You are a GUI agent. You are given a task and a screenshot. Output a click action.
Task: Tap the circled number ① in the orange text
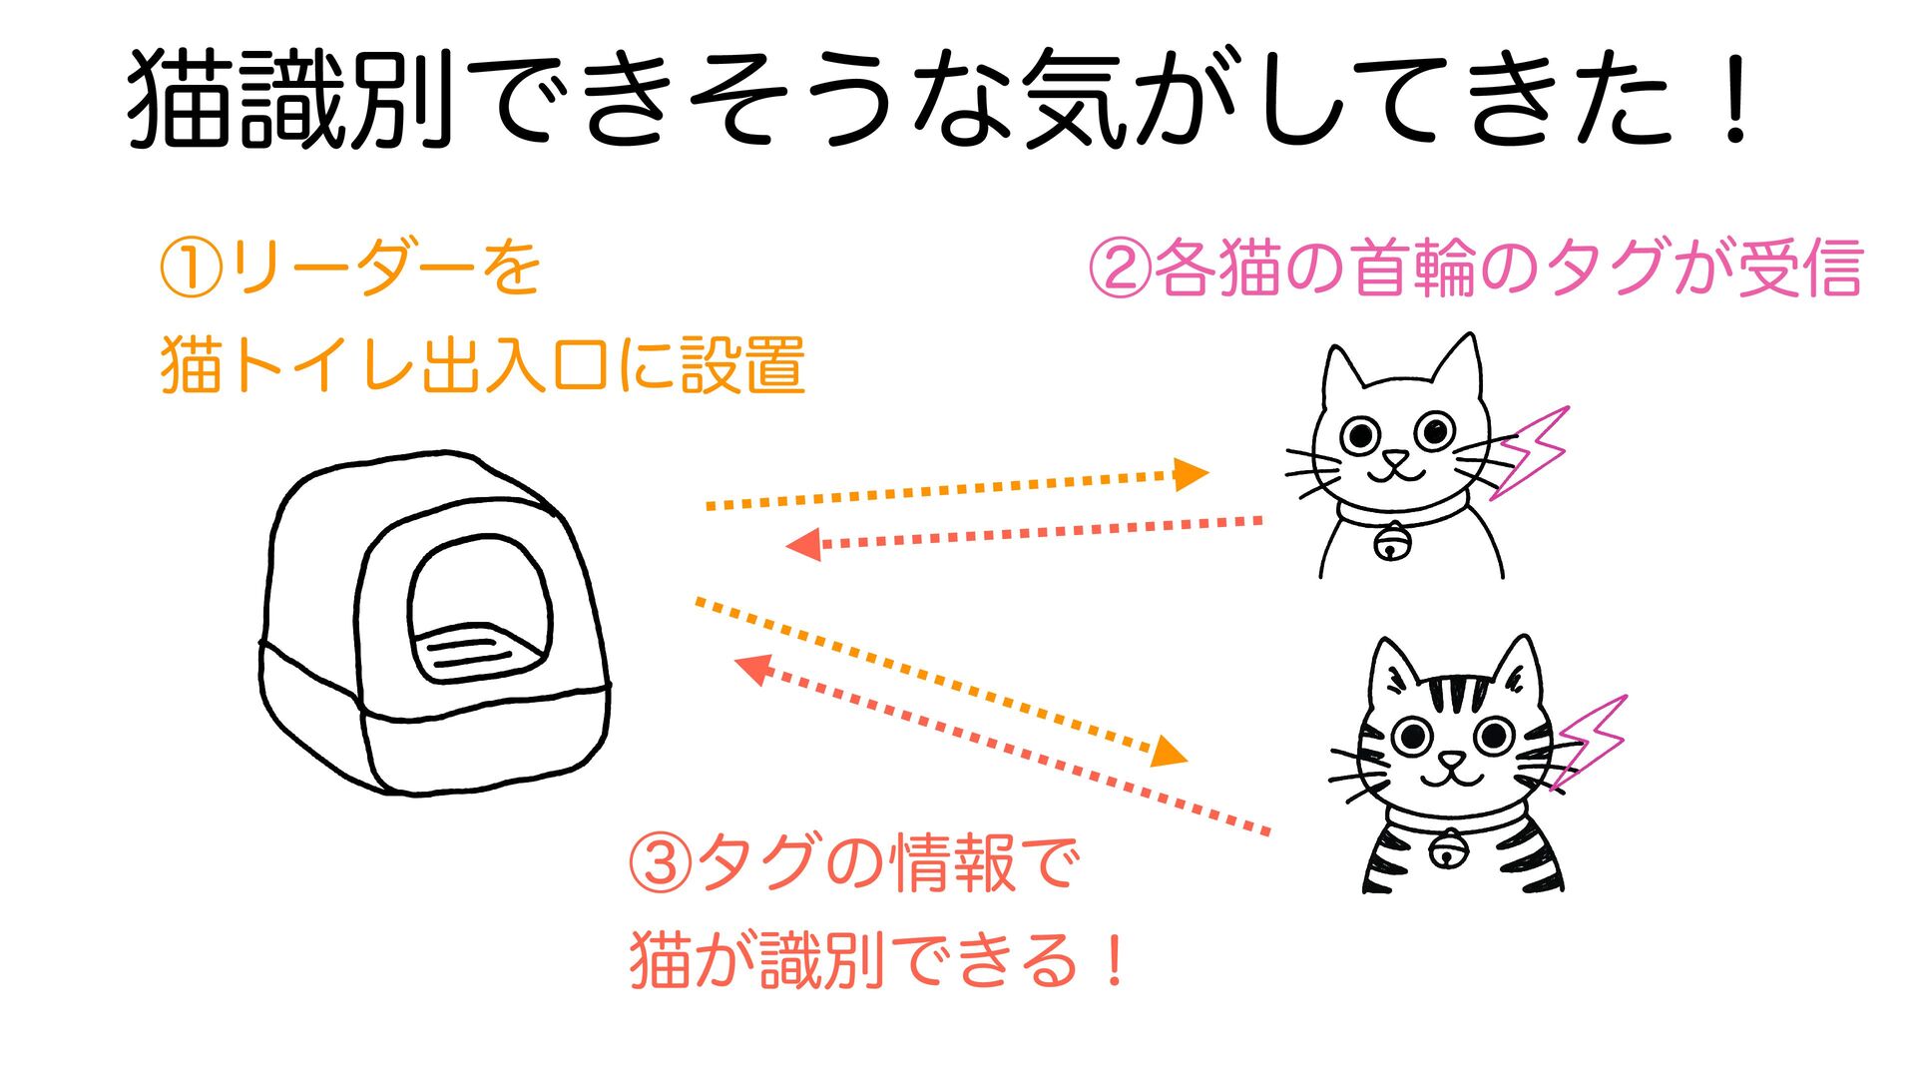pyautogui.click(x=191, y=269)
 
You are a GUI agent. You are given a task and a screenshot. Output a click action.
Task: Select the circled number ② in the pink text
pyautogui.click(x=1119, y=269)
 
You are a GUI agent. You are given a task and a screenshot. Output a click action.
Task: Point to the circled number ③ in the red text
pyautogui.click(x=660, y=864)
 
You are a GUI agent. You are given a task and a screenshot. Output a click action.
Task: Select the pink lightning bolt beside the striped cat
pyautogui.click(x=1589, y=741)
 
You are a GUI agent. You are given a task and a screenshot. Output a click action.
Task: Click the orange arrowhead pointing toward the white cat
pyautogui.click(x=1191, y=474)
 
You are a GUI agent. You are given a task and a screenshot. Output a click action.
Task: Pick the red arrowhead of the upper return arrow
pyautogui.click(x=803, y=545)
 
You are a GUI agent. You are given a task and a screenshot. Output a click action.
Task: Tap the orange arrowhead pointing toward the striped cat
pyautogui.click(x=1170, y=751)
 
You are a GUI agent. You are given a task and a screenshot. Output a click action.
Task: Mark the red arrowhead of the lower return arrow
pyautogui.click(x=752, y=669)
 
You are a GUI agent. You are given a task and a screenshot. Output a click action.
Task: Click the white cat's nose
pyautogui.click(x=1395, y=459)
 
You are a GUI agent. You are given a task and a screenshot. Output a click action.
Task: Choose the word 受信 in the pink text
pyautogui.click(x=1800, y=268)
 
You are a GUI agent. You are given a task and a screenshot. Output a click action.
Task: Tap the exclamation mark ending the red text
pyautogui.click(x=1115, y=960)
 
